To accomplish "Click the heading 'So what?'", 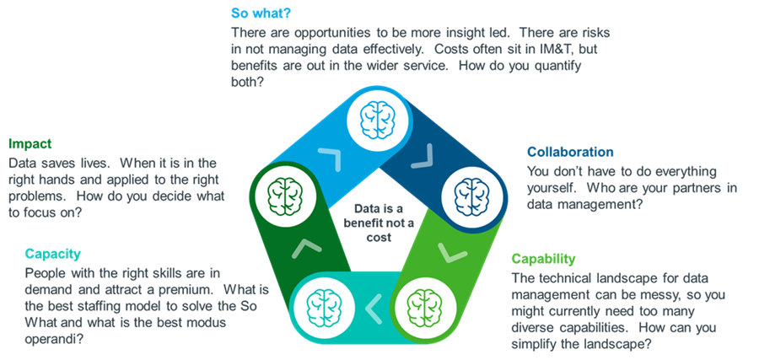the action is pyautogui.click(x=261, y=13).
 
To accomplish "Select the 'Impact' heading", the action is pyautogui.click(x=30, y=143).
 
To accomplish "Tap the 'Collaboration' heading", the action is pyautogui.click(x=570, y=152).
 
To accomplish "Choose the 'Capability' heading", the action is pyautogui.click(x=544, y=259).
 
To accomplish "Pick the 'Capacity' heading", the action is pyautogui.click(x=53, y=254).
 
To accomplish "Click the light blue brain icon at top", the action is pyautogui.click(x=378, y=120).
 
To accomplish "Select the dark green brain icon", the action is pyautogui.click(x=286, y=193).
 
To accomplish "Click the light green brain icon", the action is pyautogui.click(x=424, y=304).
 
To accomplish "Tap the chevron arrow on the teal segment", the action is pyautogui.click(x=374, y=309).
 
